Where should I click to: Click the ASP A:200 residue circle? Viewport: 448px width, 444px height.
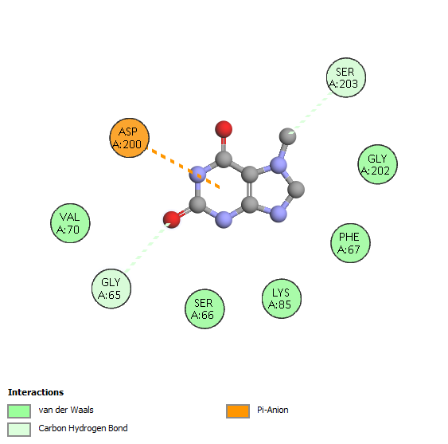130,138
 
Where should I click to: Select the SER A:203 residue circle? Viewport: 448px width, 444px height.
346,77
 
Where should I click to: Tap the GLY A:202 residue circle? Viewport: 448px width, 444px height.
378,164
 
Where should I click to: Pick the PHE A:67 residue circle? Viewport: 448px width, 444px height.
351,243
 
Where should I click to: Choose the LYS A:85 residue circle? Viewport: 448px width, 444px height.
282,299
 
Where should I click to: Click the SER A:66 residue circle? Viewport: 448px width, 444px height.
205,308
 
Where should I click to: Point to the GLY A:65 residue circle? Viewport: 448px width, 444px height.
111,289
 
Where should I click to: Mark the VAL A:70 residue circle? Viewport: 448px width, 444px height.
70,223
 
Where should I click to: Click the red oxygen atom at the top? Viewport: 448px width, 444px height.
224,129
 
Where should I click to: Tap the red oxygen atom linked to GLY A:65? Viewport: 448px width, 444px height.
172,220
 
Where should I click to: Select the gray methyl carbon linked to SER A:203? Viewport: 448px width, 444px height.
288,136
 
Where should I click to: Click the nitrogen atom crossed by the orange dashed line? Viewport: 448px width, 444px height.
197,175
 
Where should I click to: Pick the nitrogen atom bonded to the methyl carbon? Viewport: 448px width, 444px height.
279,165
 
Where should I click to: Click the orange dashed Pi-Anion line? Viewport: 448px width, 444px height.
184,167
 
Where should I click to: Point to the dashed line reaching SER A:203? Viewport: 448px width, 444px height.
310,113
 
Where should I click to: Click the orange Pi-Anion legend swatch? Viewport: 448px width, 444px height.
238,411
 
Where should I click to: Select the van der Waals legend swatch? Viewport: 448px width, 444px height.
19,411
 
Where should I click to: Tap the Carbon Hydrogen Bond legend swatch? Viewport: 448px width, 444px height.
19,430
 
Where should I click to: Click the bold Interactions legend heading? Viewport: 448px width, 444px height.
36,392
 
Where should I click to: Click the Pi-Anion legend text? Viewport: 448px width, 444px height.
273,410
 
